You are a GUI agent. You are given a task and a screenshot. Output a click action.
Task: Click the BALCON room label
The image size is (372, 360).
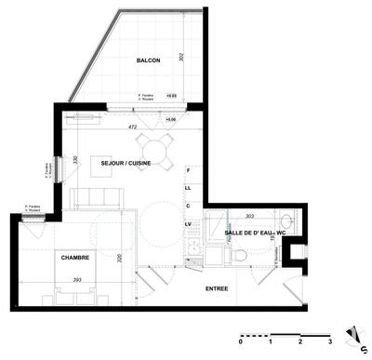pos(148,60)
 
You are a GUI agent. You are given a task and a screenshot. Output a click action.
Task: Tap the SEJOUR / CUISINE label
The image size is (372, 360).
pos(126,163)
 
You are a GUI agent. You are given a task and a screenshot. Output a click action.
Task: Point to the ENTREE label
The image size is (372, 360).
pos(217,289)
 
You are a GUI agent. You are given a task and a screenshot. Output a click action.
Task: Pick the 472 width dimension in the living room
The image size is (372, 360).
pos(132,127)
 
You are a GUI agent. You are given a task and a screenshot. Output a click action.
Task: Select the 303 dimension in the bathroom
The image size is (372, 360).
pos(249,215)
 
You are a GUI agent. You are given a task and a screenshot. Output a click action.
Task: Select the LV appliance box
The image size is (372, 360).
pos(188,224)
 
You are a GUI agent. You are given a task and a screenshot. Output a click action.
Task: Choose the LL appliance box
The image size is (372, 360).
pos(188,188)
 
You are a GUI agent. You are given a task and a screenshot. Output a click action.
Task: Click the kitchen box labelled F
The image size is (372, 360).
pos(188,171)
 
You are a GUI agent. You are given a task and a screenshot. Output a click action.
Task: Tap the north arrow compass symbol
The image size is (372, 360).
pos(352,334)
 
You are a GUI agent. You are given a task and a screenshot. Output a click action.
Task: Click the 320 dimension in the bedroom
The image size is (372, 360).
pos(119,259)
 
